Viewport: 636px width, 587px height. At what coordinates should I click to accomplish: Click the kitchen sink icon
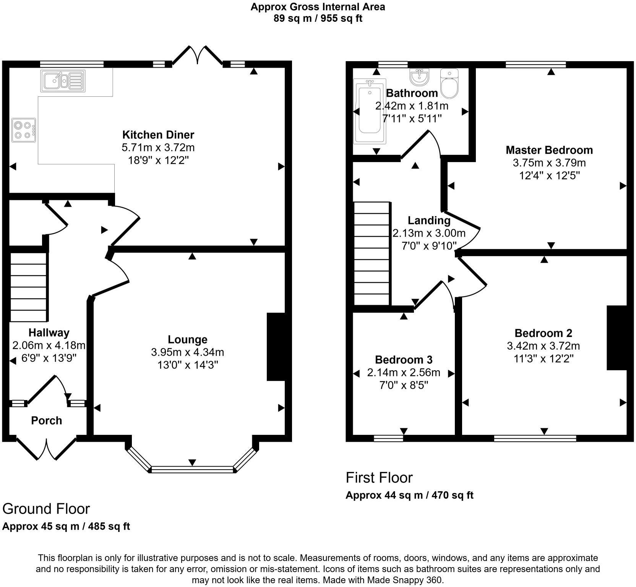pos(63,81)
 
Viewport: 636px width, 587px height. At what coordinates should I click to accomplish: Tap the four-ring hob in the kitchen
pos(24,130)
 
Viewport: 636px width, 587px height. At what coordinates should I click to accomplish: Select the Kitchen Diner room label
pos(158,135)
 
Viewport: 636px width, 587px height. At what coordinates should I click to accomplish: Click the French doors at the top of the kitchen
pos(197,56)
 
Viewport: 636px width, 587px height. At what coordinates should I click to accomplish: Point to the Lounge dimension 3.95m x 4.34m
pos(187,352)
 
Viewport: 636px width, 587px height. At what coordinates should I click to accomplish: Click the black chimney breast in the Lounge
pos(276,346)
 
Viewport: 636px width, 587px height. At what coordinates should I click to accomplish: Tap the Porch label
pos(46,421)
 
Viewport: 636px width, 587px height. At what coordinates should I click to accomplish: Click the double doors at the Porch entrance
pos(47,449)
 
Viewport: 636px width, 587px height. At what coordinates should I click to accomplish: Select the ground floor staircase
pos(29,287)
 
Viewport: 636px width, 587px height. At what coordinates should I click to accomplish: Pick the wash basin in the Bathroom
pos(420,77)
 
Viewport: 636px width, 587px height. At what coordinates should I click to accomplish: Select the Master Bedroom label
pos(549,150)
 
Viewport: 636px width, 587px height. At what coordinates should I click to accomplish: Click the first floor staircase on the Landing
pos(372,253)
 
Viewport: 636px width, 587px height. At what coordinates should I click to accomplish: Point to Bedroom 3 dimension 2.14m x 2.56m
pos(404,372)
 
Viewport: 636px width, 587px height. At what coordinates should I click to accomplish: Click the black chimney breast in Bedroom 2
pos(617,338)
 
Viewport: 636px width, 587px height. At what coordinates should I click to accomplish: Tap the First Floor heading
pos(379,478)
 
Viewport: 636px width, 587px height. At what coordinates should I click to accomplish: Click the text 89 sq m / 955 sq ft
pos(318,18)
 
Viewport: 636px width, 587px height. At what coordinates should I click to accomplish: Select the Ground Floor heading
pos(46,509)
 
